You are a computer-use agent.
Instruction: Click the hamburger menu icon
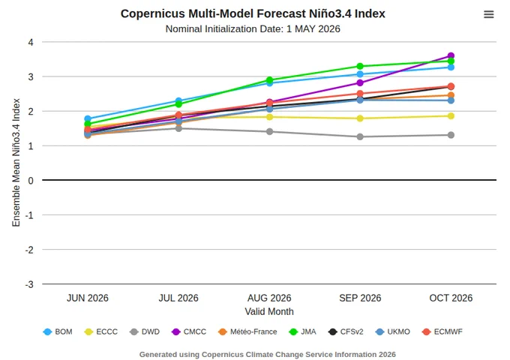(x=488, y=14)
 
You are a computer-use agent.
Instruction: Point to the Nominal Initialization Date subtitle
(x=253, y=29)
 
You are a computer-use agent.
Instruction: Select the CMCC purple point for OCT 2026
(x=451, y=55)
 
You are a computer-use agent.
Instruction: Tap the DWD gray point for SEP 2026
(x=360, y=137)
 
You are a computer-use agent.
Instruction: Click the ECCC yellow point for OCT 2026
(x=451, y=116)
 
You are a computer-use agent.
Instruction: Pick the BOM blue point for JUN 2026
(x=88, y=118)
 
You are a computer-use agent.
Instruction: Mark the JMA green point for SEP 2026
(x=360, y=66)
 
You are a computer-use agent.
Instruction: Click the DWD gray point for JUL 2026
(x=178, y=128)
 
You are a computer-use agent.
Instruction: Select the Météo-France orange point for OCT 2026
(x=451, y=95)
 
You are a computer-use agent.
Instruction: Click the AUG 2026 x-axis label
(x=269, y=298)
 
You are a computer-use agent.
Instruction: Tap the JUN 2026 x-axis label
(x=88, y=298)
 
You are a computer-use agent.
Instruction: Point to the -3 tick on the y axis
(x=29, y=284)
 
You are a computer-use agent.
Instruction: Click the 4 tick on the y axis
(x=31, y=42)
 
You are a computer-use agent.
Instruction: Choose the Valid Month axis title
(x=269, y=311)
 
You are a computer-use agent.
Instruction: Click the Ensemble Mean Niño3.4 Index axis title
(x=16, y=163)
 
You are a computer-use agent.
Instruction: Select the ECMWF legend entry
(x=442, y=331)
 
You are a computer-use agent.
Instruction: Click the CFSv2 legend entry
(x=346, y=331)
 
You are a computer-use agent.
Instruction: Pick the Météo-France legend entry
(x=247, y=331)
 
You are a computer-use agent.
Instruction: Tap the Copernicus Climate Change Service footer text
(x=267, y=355)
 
